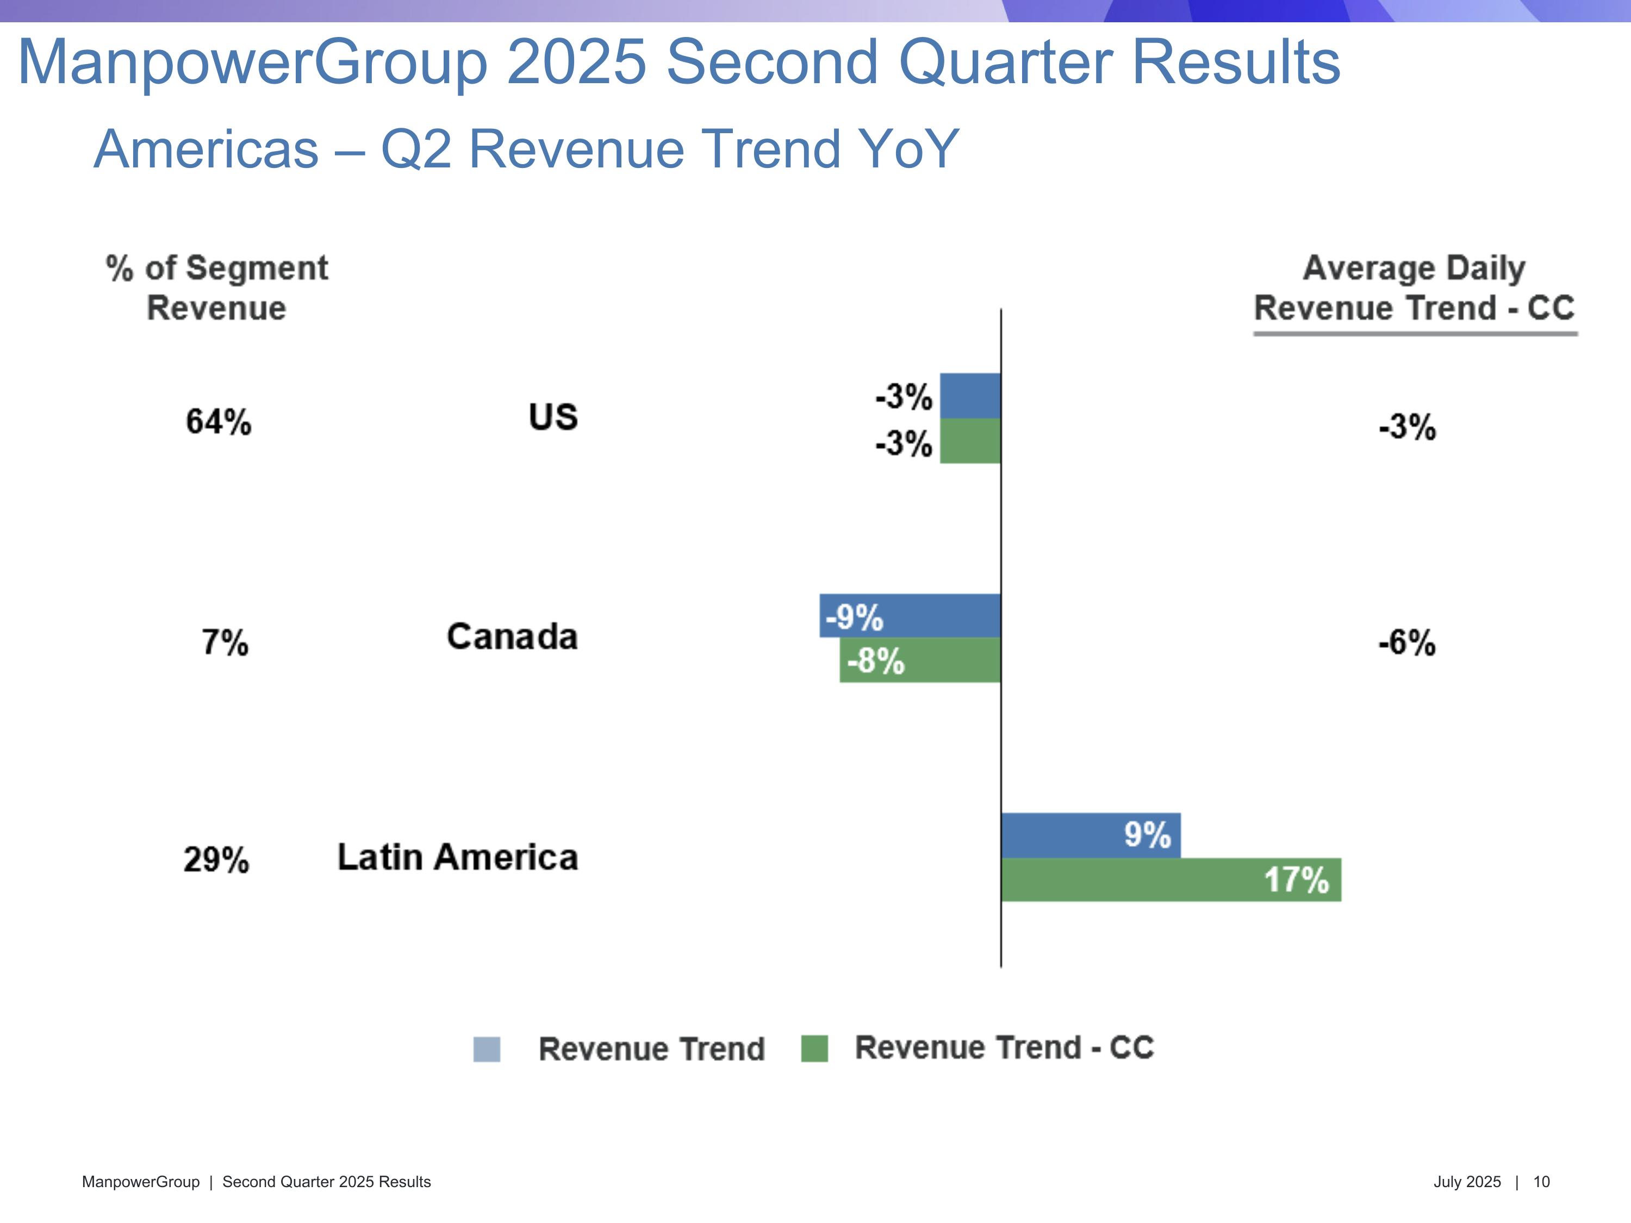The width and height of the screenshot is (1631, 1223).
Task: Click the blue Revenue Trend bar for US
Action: pyautogui.click(x=970, y=396)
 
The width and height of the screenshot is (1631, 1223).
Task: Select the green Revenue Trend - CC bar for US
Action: pyautogui.click(x=970, y=441)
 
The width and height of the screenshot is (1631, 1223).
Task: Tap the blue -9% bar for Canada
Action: pyautogui.click(x=910, y=615)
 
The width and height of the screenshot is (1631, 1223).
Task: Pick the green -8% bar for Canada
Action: pyautogui.click(x=920, y=660)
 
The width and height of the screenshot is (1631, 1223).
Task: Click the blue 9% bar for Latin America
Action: pyautogui.click(x=1091, y=835)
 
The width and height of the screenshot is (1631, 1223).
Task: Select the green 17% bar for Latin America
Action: pyautogui.click(x=1171, y=879)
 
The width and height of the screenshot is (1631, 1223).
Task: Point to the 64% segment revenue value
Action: pyautogui.click(x=218, y=422)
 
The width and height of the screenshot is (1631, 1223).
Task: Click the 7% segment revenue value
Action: pyautogui.click(x=225, y=642)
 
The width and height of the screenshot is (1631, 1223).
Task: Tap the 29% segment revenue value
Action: pyautogui.click(x=216, y=859)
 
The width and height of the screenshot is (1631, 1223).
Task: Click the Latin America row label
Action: pyautogui.click(x=457, y=857)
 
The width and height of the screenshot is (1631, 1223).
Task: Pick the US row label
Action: pyautogui.click(x=553, y=417)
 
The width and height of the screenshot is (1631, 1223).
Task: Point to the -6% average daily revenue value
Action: pyautogui.click(x=1407, y=642)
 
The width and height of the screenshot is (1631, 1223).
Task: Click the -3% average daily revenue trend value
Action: pyautogui.click(x=1407, y=427)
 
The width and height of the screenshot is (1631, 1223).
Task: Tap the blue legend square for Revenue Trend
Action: pyautogui.click(x=487, y=1049)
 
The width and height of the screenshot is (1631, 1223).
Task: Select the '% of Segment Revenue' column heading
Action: pyautogui.click(x=217, y=288)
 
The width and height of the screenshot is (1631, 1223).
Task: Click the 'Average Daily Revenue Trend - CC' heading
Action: pyautogui.click(x=1414, y=288)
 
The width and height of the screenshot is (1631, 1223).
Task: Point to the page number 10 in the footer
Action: pyautogui.click(x=1541, y=1182)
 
